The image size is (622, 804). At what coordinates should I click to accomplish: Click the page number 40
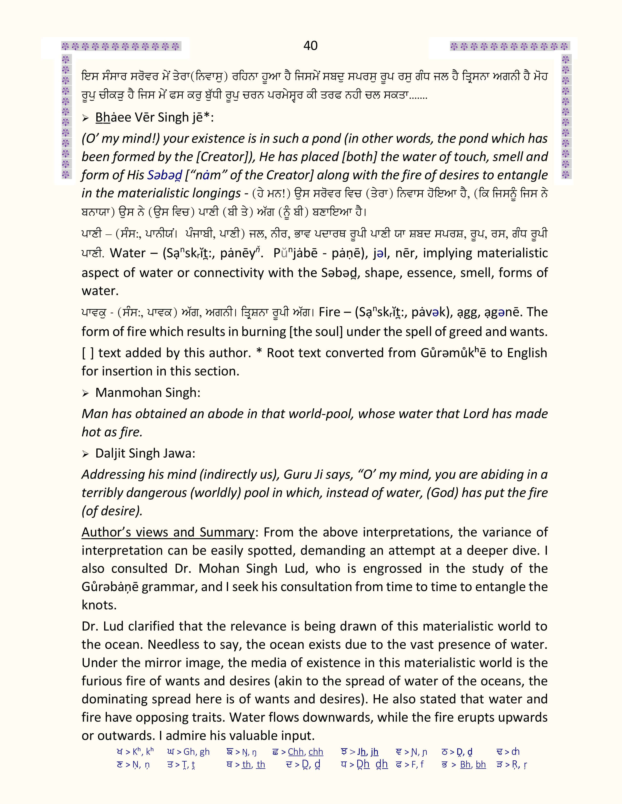pyautogui.click(x=310, y=46)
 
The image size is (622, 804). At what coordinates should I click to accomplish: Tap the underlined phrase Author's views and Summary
pyautogui.click(x=168, y=532)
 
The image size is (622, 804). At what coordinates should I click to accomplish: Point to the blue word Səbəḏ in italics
pyautogui.click(x=164, y=175)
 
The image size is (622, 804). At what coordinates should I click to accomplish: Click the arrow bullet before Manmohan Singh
pyautogui.click(x=85, y=393)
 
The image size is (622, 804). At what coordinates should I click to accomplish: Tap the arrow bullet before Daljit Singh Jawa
pyautogui.click(x=85, y=454)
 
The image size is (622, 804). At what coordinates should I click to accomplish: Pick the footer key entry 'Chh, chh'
pyautogui.click(x=305, y=752)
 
